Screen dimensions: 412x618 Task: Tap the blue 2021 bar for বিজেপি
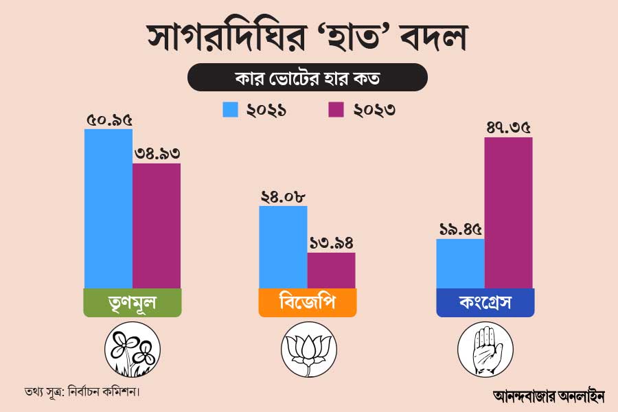(x=283, y=247)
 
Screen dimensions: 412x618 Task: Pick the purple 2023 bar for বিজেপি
(x=331, y=270)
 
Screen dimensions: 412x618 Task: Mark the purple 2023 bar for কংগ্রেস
(x=508, y=212)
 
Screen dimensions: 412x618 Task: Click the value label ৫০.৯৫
(x=109, y=120)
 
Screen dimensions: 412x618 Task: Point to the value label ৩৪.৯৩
(x=157, y=154)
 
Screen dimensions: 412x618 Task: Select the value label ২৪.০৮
(x=283, y=196)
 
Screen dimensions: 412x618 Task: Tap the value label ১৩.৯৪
(x=331, y=244)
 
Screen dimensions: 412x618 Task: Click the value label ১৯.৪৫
(x=461, y=230)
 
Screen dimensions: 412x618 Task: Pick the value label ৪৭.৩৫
(x=508, y=128)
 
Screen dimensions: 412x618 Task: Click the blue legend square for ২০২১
(x=230, y=109)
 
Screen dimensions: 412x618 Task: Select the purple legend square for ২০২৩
(x=336, y=109)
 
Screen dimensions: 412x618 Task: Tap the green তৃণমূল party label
(x=133, y=303)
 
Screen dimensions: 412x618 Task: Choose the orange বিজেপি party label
(x=308, y=303)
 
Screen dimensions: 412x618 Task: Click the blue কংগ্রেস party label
(x=485, y=303)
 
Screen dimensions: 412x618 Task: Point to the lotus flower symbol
(x=308, y=352)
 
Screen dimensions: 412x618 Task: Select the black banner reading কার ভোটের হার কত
(x=308, y=77)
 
